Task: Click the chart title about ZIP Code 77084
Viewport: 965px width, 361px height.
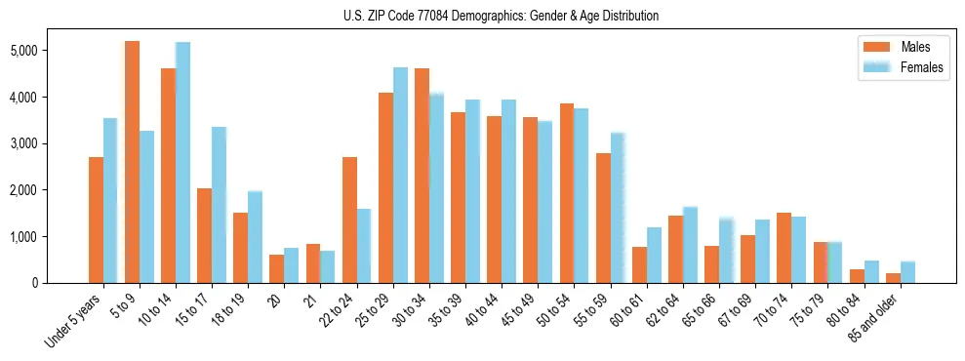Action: [x=501, y=16]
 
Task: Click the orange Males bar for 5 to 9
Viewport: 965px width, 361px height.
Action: [x=132, y=162]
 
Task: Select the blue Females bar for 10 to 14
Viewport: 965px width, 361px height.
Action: [x=182, y=162]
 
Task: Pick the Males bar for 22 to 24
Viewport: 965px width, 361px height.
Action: [x=349, y=220]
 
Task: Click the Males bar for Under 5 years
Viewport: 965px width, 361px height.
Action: [x=96, y=220]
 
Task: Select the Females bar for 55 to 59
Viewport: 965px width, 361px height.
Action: [x=618, y=208]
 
